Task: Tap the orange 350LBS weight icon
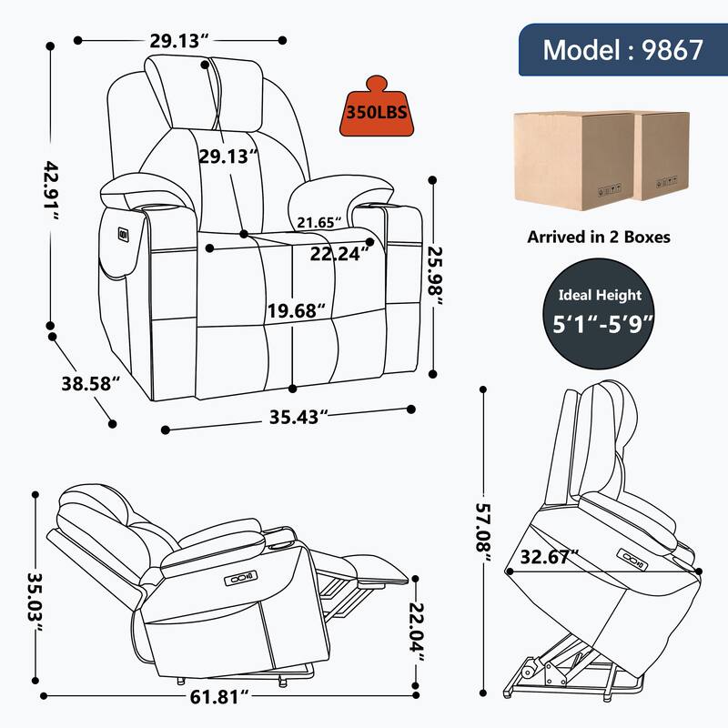375,112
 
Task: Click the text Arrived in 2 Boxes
599,237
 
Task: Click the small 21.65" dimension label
318,221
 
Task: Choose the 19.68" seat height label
296,310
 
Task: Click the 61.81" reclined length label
222,699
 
